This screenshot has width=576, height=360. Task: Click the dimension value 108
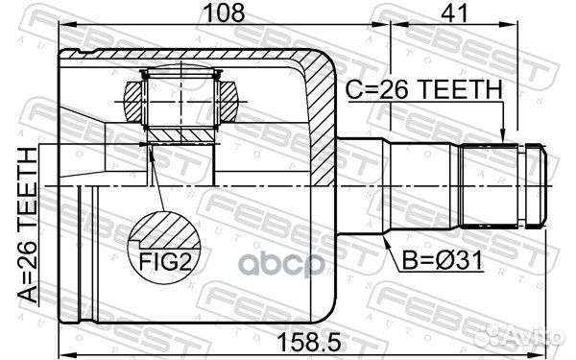click(224, 12)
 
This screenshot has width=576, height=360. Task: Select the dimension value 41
click(455, 12)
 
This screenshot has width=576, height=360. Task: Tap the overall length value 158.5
click(309, 343)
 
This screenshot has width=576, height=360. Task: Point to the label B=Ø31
click(442, 260)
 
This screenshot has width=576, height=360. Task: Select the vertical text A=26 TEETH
click(28, 226)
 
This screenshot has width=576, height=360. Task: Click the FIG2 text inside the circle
click(165, 261)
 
